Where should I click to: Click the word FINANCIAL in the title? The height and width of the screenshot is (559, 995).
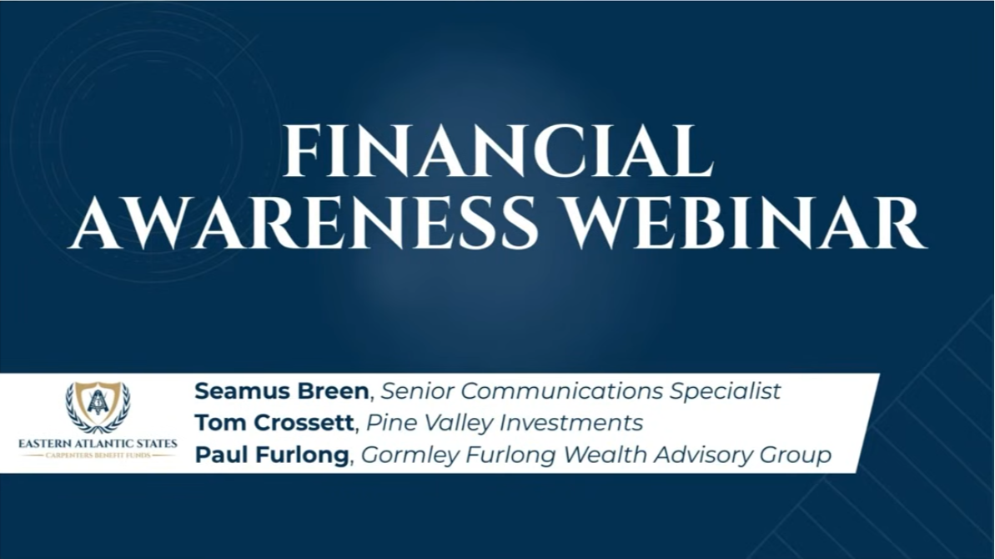[x=498, y=151]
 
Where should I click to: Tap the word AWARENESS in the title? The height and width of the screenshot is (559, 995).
[x=304, y=224]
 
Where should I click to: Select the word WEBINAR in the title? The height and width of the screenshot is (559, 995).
[x=746, y=224]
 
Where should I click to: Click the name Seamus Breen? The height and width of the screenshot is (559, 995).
[x=281, y=390]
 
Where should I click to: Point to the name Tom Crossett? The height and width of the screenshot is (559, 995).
[x=274, y=422]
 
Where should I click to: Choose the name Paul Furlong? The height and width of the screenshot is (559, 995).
[x=272, y=455]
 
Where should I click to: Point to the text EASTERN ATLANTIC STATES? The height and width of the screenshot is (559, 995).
[x=98, y=444]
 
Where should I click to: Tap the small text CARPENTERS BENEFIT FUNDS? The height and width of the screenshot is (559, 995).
[x=98, y=456]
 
